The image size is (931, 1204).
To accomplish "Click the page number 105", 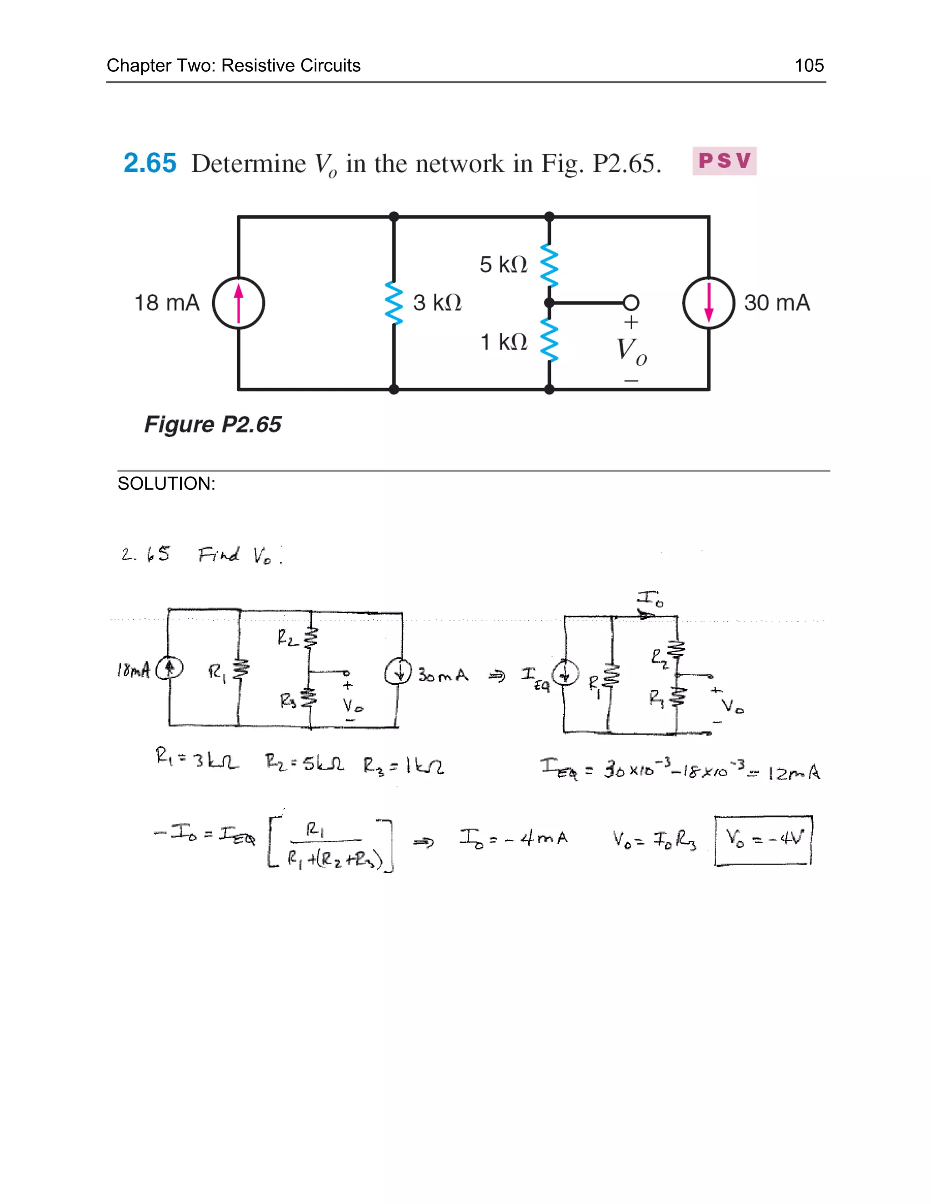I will [809, 65].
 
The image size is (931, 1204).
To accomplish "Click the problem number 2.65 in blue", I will [150, 163].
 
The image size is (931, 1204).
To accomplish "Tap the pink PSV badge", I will [724, 161].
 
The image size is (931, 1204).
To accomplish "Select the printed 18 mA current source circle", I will [239, 303].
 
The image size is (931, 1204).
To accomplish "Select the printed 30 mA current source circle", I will [709, 303].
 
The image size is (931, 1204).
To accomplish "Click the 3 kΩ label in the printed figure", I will [437, 303].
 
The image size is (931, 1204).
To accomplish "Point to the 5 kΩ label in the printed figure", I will [504, 264].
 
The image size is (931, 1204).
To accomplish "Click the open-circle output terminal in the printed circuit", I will [631, 303].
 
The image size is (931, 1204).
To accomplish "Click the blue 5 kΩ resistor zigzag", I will [549, 266].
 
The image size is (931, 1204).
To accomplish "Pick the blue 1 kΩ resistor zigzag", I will [549, 340].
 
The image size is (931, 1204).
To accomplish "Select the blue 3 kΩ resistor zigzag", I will [394, 303].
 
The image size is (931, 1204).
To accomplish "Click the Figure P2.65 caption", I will [213, 424].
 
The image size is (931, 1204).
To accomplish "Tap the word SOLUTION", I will [166, 483].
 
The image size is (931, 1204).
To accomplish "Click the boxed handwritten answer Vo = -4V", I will [763, 840].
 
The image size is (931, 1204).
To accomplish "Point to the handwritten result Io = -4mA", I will [514, 839].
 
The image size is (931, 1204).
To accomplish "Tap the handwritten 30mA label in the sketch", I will [443, 675].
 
